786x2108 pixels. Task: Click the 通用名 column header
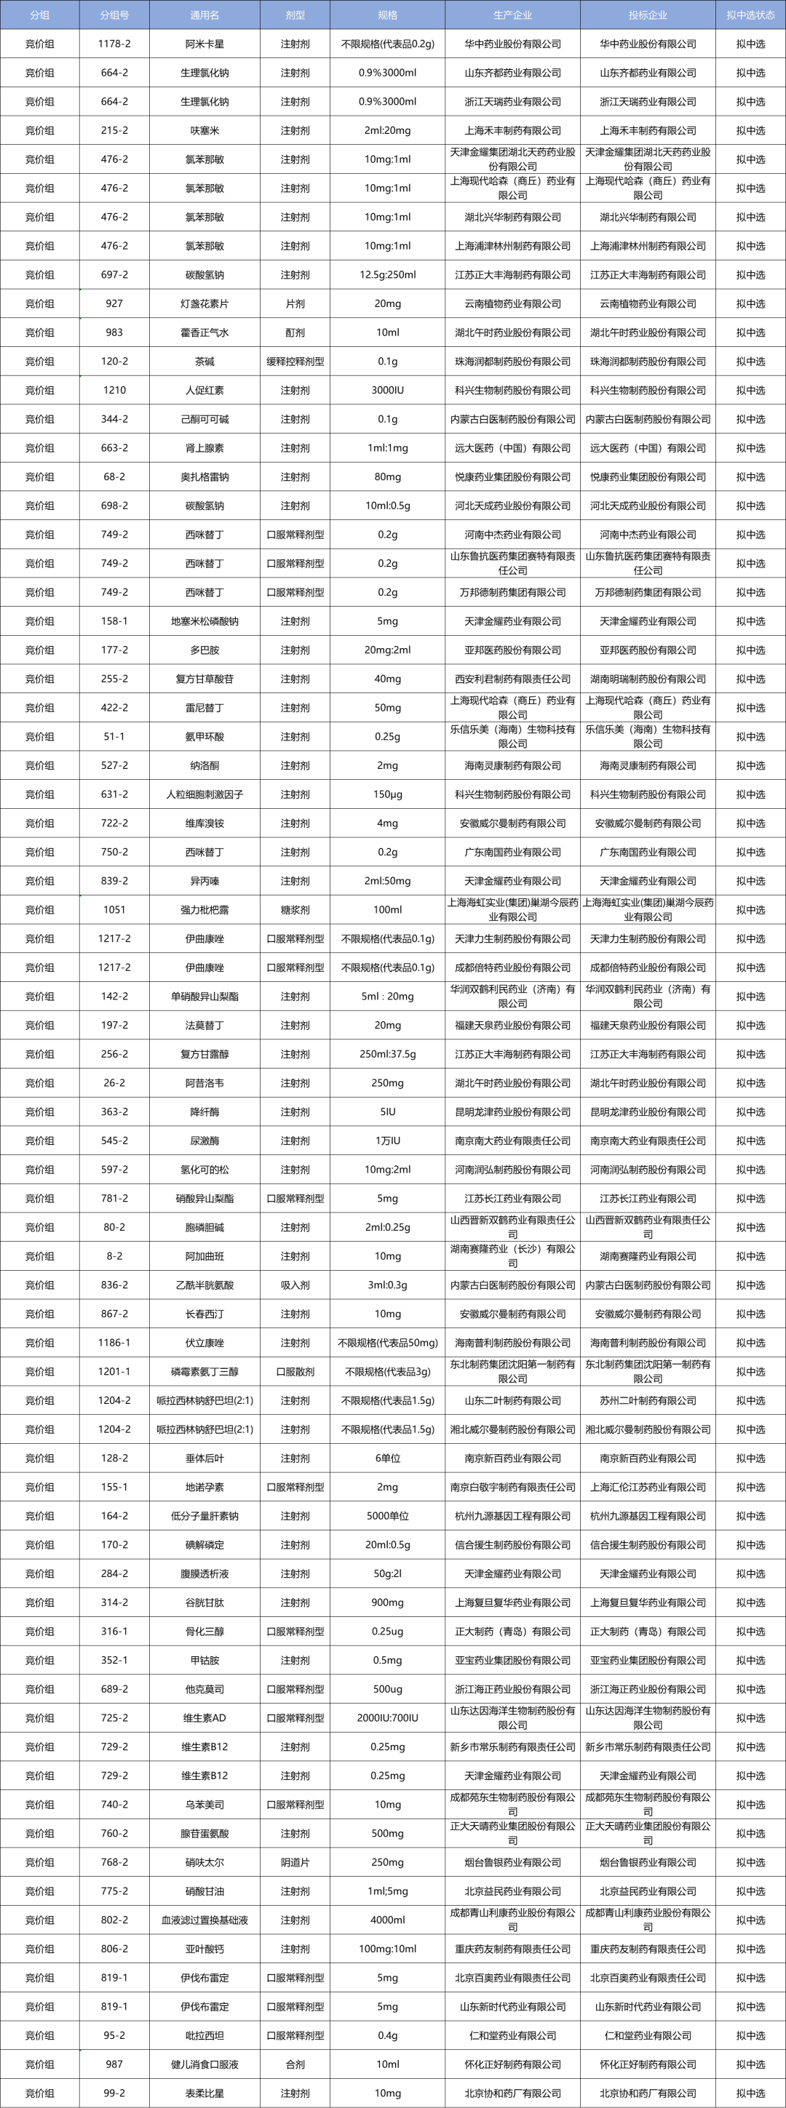click(204, 15)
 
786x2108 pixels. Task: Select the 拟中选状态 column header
click(750, 15)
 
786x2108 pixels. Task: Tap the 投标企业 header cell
click(647, 15)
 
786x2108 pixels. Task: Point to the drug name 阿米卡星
click(204, 44)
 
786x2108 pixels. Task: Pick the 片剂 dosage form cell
click(295, 303)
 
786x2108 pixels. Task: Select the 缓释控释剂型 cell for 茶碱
click(295, 362)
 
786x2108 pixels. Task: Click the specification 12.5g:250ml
click(387, 275)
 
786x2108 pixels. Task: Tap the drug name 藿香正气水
click(204, 333)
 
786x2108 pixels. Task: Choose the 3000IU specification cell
click(387, 391)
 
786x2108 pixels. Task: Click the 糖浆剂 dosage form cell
click(295, 910)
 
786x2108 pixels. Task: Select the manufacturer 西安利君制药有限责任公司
click(512, 679)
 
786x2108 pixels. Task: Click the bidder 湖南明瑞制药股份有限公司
click(647, 679)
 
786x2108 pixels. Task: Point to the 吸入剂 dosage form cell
click(295, 1285)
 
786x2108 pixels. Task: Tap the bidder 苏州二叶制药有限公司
click(647, 1401)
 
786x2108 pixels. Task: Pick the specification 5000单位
click(387, 1517)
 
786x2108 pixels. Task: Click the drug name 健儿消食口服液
click(204, 2064)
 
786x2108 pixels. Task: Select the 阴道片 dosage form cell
click(295, 1862)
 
